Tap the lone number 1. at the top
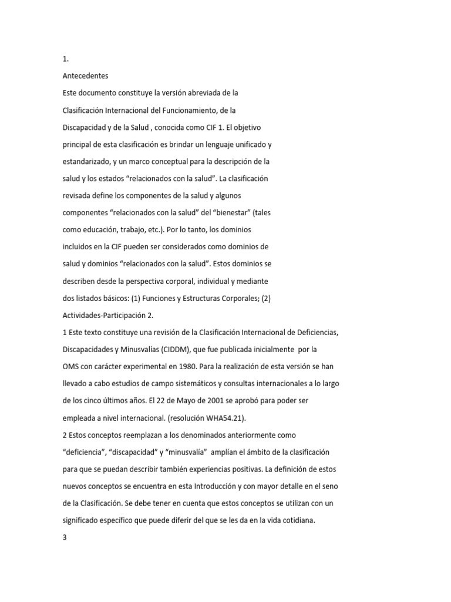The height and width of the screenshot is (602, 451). tap(66, 59)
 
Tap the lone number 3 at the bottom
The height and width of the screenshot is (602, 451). tap(65, 537)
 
